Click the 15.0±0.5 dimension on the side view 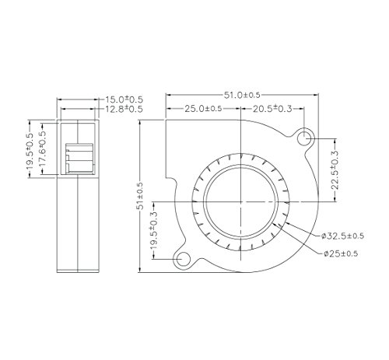(x=124, y=100)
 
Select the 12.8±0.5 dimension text (x=124, y=110)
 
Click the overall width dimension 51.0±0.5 (x=243, y=95)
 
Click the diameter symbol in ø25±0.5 (x=323, y=253)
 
